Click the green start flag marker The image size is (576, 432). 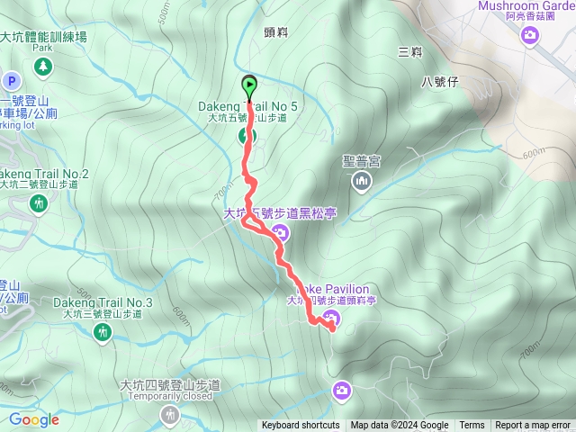click(x=249, y=86)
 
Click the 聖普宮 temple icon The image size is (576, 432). click(x=362, y=183)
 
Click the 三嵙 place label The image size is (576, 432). click(x=409, y=53)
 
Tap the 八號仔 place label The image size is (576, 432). click(x=441, y=82)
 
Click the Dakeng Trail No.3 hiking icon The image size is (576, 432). click(x=103, y=332)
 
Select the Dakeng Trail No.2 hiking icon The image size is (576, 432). click(x=39, y=204)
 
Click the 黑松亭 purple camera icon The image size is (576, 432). click(x=279, y=234)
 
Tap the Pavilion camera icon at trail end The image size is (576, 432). click(x=331, y=318)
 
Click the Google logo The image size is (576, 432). click(x=33, y=419)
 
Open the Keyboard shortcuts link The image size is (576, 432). click(x=301, y=426)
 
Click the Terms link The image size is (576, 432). click(x=472, y=426)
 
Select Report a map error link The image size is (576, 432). click(x=534, y=426)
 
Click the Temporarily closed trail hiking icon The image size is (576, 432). click(x=169, y=415)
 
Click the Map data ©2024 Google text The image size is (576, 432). click(x=400, y=426)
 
